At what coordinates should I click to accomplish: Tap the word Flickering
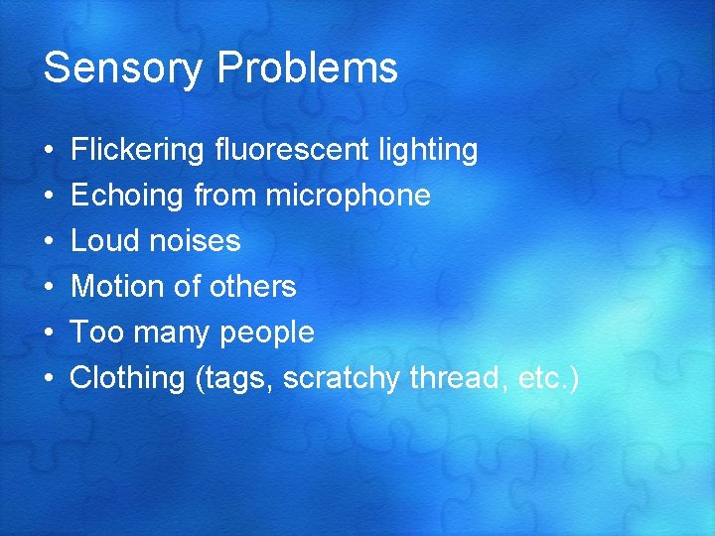point(138,151)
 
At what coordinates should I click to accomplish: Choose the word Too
point(96,333)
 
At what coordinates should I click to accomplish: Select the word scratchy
point(341,378)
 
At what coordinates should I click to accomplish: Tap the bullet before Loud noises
point(50,242)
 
